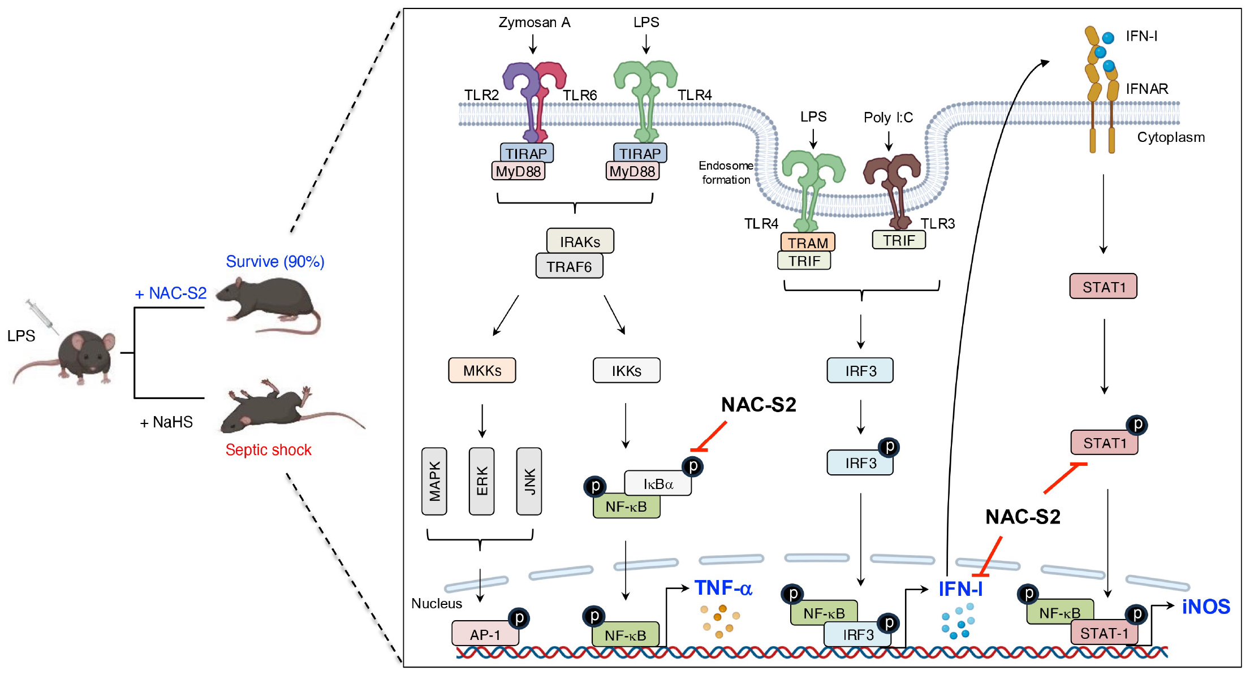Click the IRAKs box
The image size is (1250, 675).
(580, 241)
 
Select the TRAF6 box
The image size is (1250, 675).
(569, 266)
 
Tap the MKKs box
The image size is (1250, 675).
(482, 370)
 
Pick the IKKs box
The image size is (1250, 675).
(626, 370)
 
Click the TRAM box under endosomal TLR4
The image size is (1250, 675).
(808, 243)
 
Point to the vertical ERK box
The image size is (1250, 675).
(482, 481)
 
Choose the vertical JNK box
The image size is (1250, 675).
(529, 481)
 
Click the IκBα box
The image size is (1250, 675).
(658, 484)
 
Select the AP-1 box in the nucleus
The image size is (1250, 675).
(485, 634)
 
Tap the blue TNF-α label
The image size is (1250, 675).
(723, 588)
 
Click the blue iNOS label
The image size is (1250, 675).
(1206, 607)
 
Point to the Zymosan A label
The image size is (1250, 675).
(534, 23)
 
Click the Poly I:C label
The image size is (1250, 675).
(888, 118)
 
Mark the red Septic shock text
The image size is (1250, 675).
(268, 450)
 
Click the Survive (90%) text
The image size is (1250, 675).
(275, 262)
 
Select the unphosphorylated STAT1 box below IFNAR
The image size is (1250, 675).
(1103, 287)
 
